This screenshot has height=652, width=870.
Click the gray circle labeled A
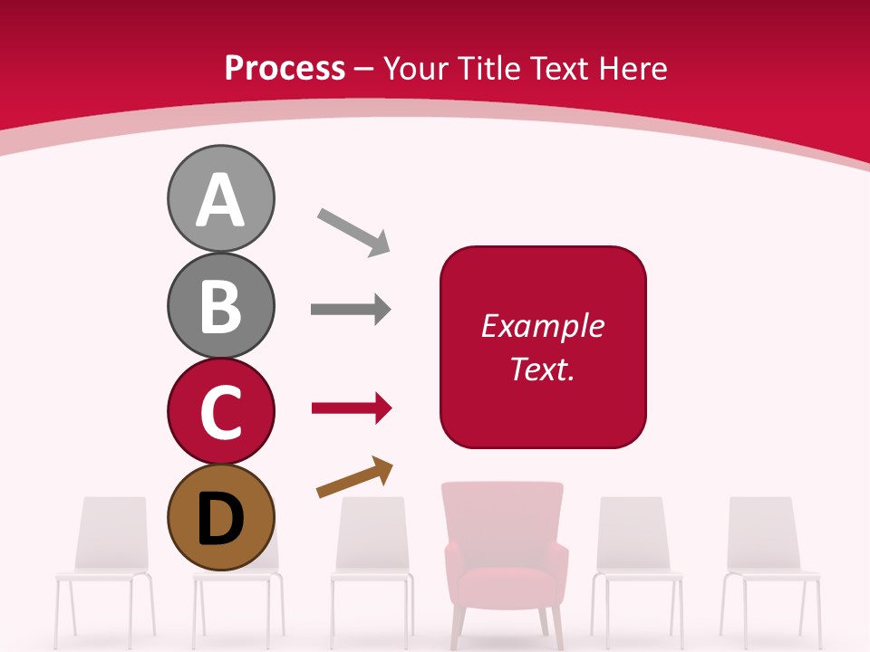coord(220,198)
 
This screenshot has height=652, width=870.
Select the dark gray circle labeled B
coord(220,305)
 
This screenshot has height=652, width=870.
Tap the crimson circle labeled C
coord(220,411)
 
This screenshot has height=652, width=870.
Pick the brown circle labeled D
coord(220,517)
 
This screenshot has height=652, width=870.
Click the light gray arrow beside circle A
coord(353,232)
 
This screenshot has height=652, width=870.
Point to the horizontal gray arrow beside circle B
coord(351,310)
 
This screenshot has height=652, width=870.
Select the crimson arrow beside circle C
coord(352,409)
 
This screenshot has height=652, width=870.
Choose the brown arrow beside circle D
coord(354,477)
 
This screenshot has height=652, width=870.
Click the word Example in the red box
coord(542,326)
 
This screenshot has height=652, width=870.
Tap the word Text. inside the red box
coord(542,369)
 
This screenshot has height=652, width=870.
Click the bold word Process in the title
coord(285,69)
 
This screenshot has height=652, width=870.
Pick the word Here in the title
coord(633,69)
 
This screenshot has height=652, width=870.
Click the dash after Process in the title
coord(364,69)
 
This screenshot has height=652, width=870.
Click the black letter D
coord(220,519)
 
